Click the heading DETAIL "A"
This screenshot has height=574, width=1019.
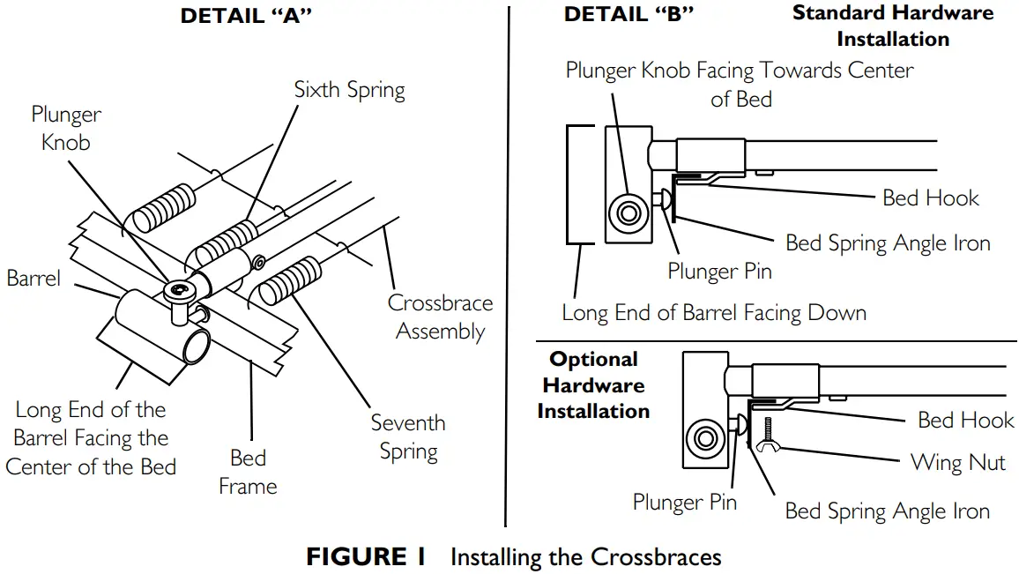[246, 16]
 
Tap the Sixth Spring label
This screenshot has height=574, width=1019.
[349, 90]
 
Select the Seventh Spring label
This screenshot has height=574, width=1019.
[408, 437]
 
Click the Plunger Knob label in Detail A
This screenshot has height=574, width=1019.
[66, 128]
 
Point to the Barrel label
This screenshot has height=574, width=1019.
[34, 279]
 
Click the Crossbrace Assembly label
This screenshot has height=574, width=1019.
[440, 317]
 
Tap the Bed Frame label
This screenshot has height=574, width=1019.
[248, 472]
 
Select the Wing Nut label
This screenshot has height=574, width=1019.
[957, 462]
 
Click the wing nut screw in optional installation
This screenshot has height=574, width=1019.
[769, 435]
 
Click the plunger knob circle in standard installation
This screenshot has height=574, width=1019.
[630, 212]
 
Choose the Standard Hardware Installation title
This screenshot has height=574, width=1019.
[892, 26]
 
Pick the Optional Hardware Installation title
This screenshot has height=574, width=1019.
[593, 385]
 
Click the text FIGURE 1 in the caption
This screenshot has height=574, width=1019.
[366, 557]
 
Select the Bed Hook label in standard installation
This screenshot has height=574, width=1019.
[930, 198]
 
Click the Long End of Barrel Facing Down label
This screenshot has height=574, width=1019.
[714, 313]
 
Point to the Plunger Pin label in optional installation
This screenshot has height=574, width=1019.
[684, 503]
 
